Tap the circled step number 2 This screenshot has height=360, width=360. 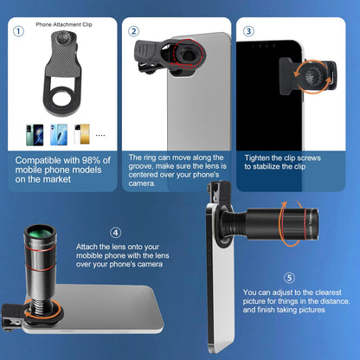(x=133, y=32)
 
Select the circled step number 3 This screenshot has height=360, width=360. (x=248, y=32)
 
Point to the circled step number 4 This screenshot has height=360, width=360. (x=116, y=232)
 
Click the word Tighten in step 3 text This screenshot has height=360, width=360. (x=258, y=157)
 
